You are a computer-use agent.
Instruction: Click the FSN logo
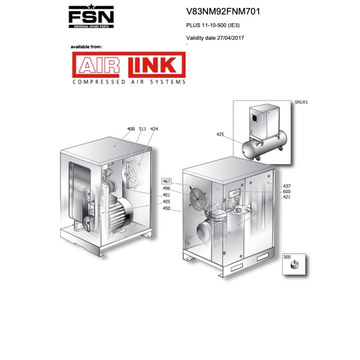[x=91, y=18]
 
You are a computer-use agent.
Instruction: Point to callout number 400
[x=131, y=129]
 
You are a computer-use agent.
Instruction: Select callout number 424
[x=154, y=129]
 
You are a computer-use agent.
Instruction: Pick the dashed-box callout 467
[x=167, y=181]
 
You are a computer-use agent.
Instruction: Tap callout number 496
[x=167, y=189]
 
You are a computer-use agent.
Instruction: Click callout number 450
[x=167, y=208]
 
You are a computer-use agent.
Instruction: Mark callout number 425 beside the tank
[x=220, y=134]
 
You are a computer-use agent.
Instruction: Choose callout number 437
[x=287, y=186]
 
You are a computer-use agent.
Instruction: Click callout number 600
[x=287, y=191]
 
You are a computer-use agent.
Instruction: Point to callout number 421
[x=287, y=197]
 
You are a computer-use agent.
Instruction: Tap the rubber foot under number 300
[x=296, y=265]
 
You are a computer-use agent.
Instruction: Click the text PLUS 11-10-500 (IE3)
[x=214, y=25]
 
